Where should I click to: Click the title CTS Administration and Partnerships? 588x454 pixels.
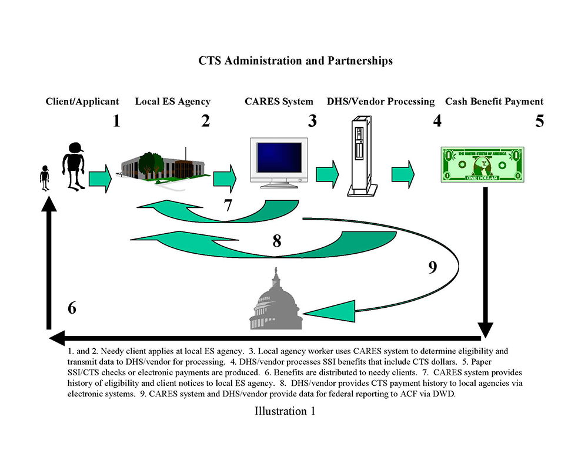tap(295, 60)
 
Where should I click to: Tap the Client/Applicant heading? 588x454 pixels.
tap(82, 102)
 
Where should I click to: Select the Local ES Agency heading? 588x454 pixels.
tap(173, 102)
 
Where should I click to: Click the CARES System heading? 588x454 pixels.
tap(279, 102)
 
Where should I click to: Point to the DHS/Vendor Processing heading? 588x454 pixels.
tap(380, 102)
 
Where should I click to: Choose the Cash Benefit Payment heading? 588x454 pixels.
tap(495, 102)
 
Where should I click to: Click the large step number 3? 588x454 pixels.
tap(312, 121)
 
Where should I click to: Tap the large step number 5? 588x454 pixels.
tap(539, 121)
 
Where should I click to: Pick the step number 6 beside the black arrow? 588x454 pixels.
tap(72, 308)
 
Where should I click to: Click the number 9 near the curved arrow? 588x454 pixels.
tap(433, 267)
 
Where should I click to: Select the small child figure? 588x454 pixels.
tap(44, 178)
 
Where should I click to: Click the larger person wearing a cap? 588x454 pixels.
tap(74, 165)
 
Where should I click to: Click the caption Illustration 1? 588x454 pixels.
tap(285, 411)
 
